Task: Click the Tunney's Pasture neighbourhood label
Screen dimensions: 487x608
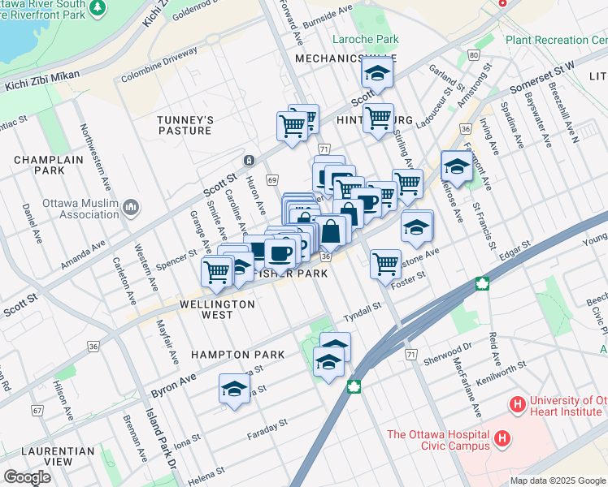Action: [x=185, y=125]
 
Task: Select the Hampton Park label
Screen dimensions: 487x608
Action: [x=237, y=355]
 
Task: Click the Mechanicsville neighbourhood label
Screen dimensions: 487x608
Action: [x=334, y=59]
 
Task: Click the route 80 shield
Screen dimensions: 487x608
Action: [x=473, y=54]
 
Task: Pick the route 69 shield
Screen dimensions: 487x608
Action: [x=272, y=179]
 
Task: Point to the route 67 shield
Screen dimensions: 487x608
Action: [x=37, y=411]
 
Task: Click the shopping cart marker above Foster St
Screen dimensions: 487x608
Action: [x=384, y=262]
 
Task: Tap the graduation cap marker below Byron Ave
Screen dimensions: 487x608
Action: [x=233, y=389]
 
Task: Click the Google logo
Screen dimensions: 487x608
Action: [x=27, y=477]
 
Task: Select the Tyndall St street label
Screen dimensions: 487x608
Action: [x=362, y=309]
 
